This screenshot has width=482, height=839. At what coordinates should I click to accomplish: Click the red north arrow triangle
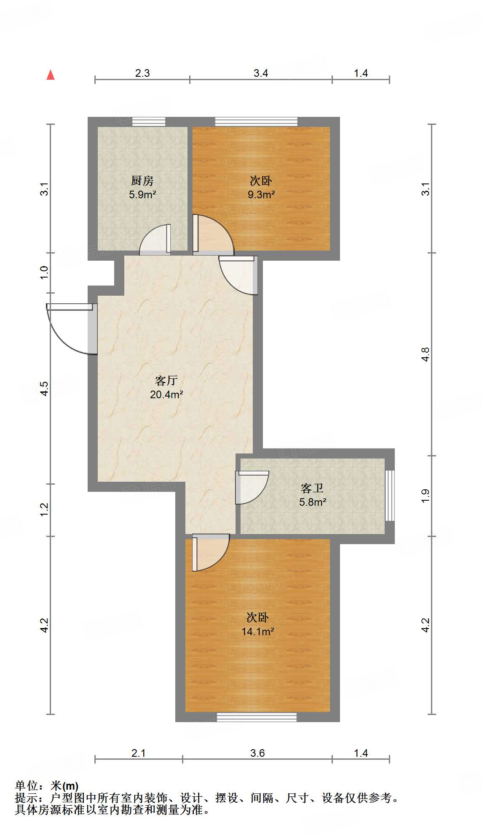[x=51, y=75]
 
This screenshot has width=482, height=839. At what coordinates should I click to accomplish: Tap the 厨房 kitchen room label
[x=142, y=181]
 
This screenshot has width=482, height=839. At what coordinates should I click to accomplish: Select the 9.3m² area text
[x=261, y=195]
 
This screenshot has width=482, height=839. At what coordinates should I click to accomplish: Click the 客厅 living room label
[x=166, y=381]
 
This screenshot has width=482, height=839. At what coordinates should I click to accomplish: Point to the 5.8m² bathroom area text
[x=313, y=502]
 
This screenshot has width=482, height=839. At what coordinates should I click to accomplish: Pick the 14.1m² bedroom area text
[x=257, y=632]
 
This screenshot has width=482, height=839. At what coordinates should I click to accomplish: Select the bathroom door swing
[x=252, y=487]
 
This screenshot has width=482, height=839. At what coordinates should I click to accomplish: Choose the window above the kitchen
[x=149, y=122]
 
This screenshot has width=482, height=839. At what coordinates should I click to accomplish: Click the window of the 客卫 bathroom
[x=390, y=496]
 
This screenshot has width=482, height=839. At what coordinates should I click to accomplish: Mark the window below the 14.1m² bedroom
[x=257, y=717]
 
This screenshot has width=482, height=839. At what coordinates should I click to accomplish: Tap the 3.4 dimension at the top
[x=261, y=73]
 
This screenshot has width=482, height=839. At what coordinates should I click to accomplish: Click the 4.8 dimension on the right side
[x=426, y=354]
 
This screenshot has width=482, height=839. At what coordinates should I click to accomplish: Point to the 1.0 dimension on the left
[x=44, y=272]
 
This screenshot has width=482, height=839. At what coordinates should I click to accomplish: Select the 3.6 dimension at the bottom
[x=257, y=753]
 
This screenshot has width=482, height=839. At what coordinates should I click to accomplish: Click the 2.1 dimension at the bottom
[x=138, y=753]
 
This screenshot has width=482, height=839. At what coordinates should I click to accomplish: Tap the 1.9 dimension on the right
[x=426, y=495]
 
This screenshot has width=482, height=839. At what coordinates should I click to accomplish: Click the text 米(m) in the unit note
[x=64, y=786]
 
